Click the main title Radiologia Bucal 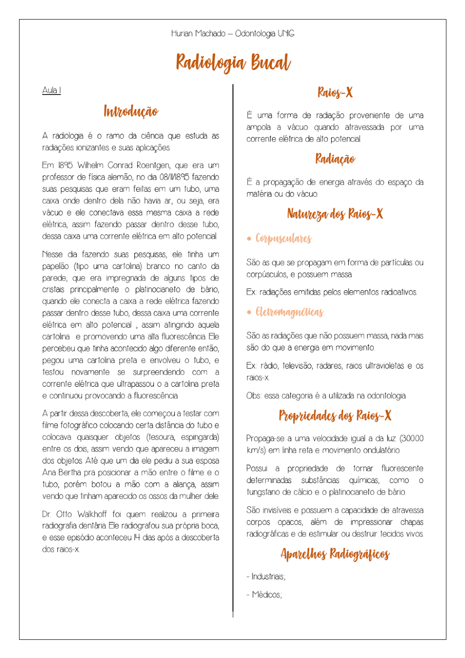(233, 62)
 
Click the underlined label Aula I (51, 90)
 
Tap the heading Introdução (131, 112)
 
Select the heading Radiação (335, 159)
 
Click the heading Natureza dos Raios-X (335, 214)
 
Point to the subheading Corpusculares (283, 239)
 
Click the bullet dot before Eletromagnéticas (249, 312)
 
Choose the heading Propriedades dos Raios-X (335, 416)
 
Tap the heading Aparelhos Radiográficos (335, 554)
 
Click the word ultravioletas (384, 366)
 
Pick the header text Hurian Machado (198, 34)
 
